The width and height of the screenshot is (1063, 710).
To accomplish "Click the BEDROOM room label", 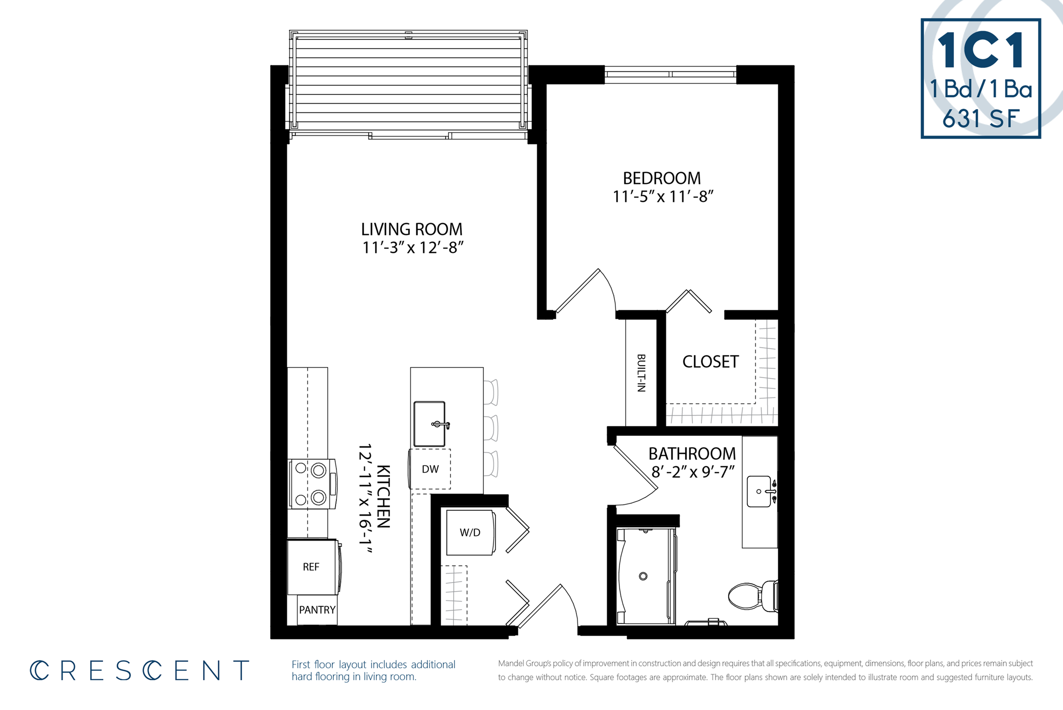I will pyautogui.click(x=661, y=179).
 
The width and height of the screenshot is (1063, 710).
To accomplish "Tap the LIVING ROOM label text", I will pyautogui.click(x=411, y=230).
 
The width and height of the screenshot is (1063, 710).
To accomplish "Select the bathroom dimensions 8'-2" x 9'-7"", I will pyautogui.click(x=692, y=472).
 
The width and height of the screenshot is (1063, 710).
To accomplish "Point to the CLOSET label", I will pyautogui.click(x=710, y=362).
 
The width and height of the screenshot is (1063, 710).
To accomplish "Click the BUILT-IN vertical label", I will pyautogui.click(x=641, y=373).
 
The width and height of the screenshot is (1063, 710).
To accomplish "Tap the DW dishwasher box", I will pyautogui.click(x=430, y=469).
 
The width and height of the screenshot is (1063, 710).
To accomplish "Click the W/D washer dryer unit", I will pyautogui.click(x=470, y=533).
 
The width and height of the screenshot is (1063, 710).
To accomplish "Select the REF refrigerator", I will pyautogui.click(x=311, y=567).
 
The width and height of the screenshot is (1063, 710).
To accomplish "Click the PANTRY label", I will pyautogui.click(x=317, y=610).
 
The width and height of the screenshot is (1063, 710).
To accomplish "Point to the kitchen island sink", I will pyautogui.click(x=430, y=424).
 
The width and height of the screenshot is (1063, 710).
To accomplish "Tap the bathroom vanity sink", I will pyautogui.click(x=759, y=491).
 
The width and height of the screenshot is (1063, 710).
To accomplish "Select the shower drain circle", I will pyautogui.click(x=643, y=576).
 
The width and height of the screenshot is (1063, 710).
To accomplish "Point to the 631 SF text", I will pyautogui.click(x=980, y=119).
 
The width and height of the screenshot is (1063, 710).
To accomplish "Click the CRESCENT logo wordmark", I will pyautogui.click(x=140, y=671).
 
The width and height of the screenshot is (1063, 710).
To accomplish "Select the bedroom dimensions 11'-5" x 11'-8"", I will pyautogui.click(x=663, y=197).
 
